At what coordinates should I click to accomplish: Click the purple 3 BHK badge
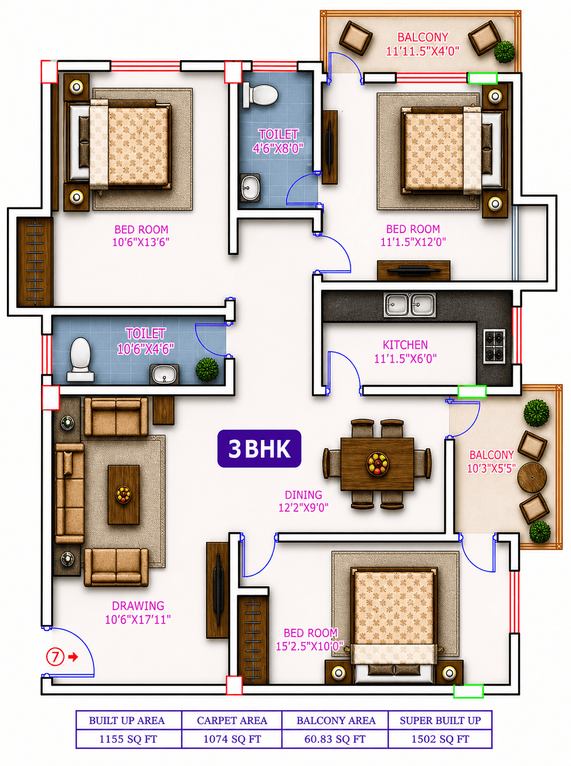tap(259, 448)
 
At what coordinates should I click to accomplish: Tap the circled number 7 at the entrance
tap(55, 657)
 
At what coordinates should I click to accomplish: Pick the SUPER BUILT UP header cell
tap(440, 720)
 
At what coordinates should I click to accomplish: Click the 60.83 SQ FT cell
tap(335, 739)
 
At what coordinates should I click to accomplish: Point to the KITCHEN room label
tap(405, 345)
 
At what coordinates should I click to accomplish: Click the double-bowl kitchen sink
tap(410, 304)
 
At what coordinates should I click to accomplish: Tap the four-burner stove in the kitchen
tap(494, 346)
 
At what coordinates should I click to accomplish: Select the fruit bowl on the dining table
tap(378, 463)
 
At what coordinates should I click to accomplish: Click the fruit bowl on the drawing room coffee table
tap(123, 494)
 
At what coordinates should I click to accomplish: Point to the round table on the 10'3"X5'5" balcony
tap(531, 477)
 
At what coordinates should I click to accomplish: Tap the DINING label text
tap(304, 495)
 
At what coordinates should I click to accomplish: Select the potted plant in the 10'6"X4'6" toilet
tap(207, 369)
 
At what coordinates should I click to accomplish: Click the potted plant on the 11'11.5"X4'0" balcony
tap(505, 52)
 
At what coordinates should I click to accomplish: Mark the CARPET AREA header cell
tap(232, 720)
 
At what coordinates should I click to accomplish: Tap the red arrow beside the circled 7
tap(73, 657)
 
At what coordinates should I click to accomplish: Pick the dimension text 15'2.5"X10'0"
tap(309, 646)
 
